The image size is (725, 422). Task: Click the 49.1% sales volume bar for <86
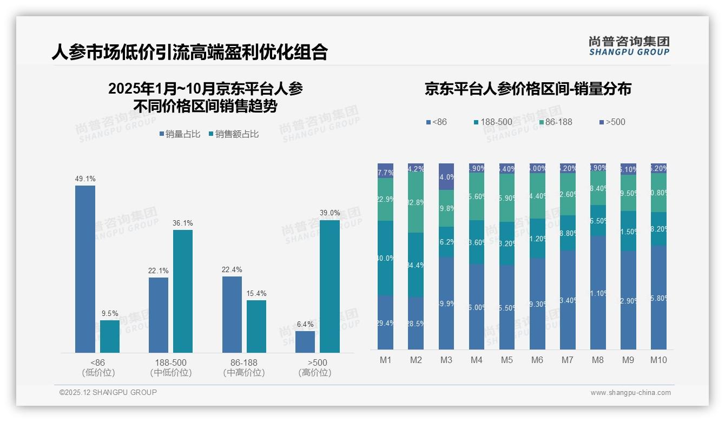85,269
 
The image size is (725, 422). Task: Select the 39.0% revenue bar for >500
329,286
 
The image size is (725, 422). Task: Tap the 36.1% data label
183,223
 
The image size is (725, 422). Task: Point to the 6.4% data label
305,324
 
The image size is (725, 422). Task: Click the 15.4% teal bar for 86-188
256,326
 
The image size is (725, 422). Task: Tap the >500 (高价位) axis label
315,367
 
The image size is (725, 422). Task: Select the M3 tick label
446,360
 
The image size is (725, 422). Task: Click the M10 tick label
658,360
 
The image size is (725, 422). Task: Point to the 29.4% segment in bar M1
385,322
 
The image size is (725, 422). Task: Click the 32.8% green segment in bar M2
416,203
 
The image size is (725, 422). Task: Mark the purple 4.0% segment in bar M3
446,177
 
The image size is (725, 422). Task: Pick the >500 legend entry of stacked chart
612,122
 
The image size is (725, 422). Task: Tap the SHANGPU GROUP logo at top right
629,45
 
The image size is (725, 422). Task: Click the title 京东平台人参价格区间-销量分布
528,89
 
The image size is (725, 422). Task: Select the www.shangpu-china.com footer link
630,393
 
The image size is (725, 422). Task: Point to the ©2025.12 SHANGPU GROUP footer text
108,392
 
